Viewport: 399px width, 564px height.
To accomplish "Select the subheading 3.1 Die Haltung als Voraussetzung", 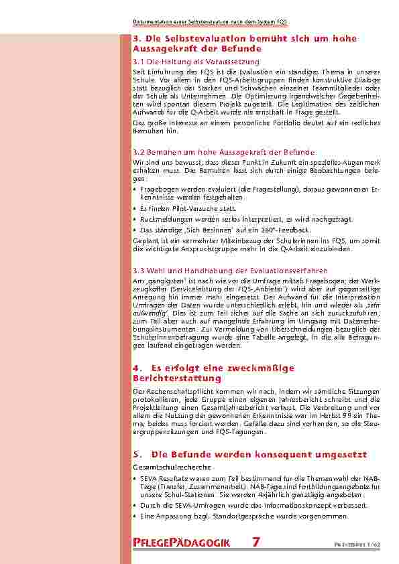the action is coord(196,61).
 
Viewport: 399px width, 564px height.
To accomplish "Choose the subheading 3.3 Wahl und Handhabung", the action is coord(214,270).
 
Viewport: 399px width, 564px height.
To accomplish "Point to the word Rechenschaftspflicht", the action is coord(175,391).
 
